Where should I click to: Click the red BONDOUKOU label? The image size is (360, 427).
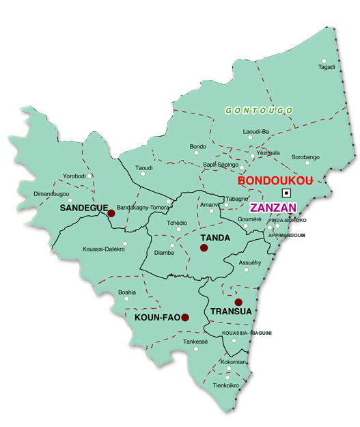[x=275, y=181]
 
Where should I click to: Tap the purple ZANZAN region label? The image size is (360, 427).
[x=273, y=207]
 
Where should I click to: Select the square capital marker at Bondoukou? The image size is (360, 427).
[x=286, y=193]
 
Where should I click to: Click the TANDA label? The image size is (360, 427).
[x=215, y=238]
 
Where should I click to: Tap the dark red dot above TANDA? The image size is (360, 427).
[x=204, y=247]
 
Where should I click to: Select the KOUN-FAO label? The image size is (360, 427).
[x=157, y=318]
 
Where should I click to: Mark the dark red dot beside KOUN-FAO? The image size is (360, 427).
[x=185, y=317]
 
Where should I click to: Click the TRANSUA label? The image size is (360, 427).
[x=232, y=312]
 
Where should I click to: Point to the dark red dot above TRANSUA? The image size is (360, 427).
[x=238, y=302]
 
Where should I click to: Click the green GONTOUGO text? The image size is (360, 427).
[x=259, y=110]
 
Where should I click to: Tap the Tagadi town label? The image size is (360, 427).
[x=327, y=67]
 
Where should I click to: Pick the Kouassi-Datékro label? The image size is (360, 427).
[x=103, y=249]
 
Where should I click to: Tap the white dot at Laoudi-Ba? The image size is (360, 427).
[x=250, y=137]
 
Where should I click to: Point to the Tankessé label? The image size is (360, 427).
[x=195, y=341]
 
